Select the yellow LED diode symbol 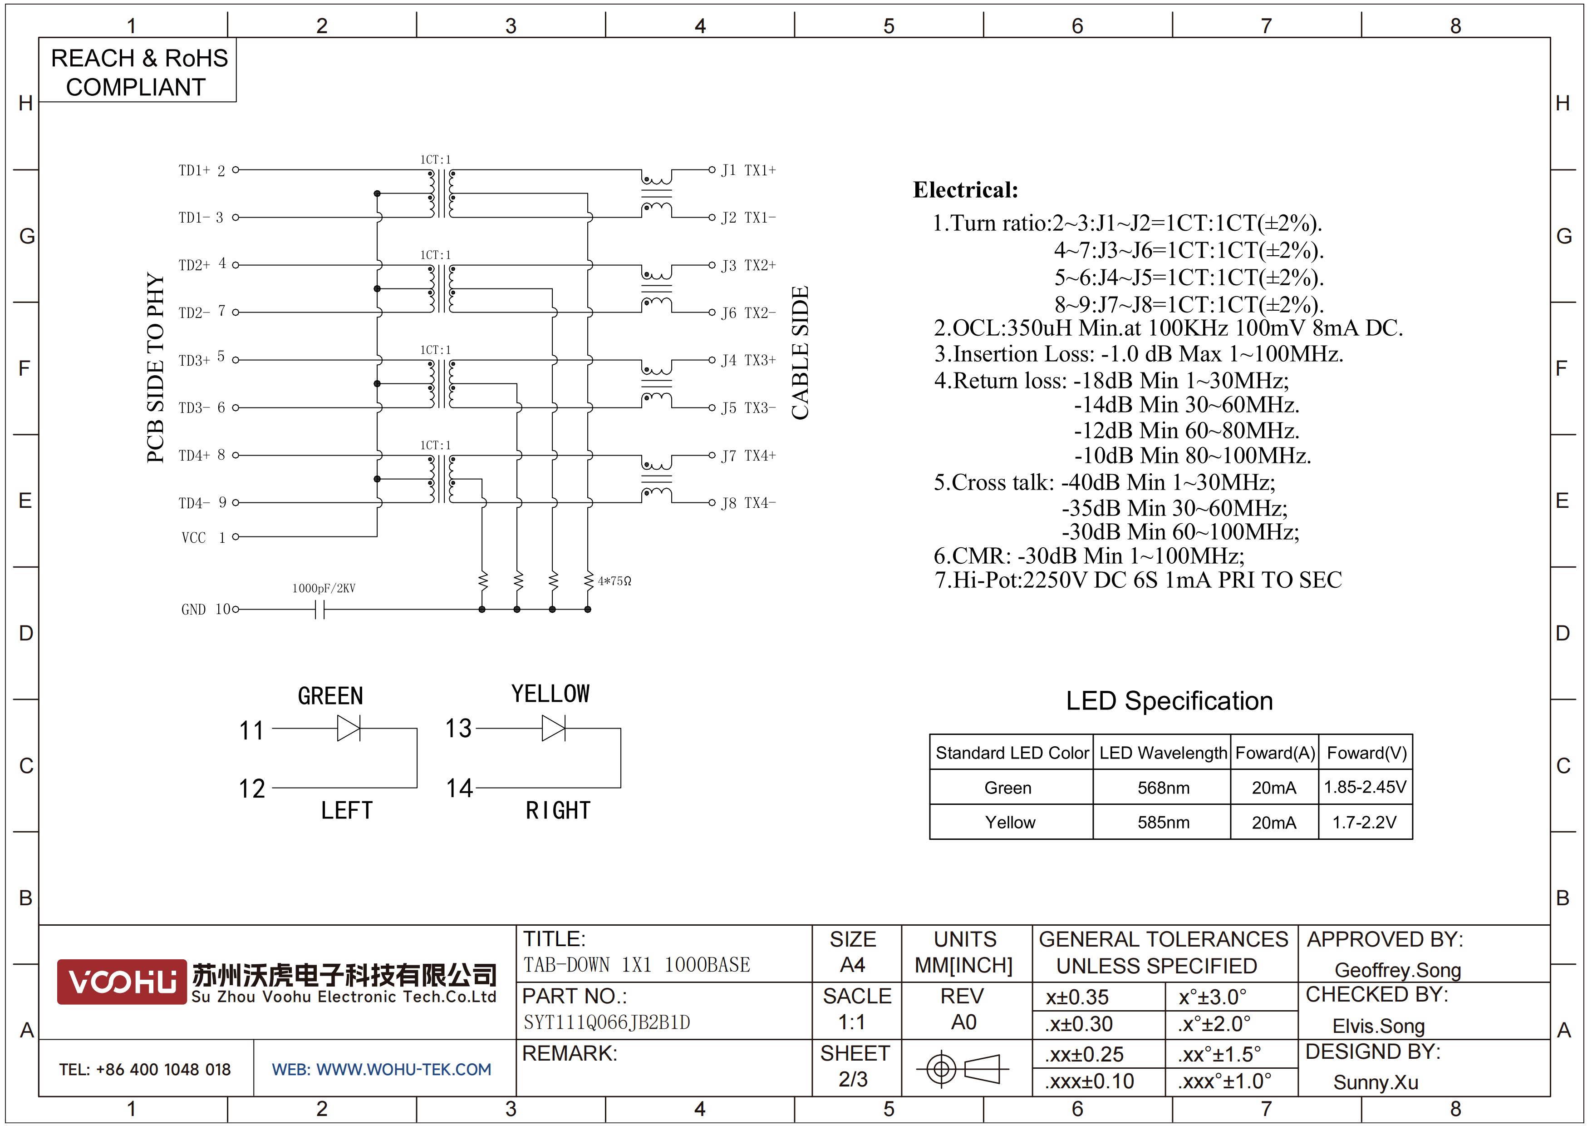pyautogui.click(x=553, y=729)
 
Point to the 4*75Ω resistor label pyautogui.click(x=614, y=580)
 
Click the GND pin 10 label pyautogui.click(x=205, y=609)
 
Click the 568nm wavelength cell pyautogui.click(x=1163, y=788)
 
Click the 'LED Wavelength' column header pyautogui.click(x=1163, y=753)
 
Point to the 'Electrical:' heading pyautogui.click(x=965, y=190)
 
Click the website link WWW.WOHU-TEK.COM pyautogui.click(x=403, y=1069)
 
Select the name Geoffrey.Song pyautogui.click(x=1397, y=970)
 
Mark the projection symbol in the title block pyautogui.click(x=963, y=1068)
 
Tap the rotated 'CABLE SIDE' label pyautogui.click(x=800, y=352)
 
